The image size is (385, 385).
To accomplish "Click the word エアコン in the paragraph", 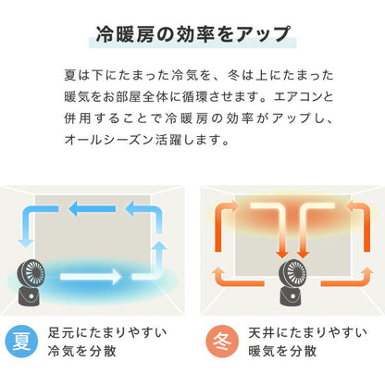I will (x=304, y=98).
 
